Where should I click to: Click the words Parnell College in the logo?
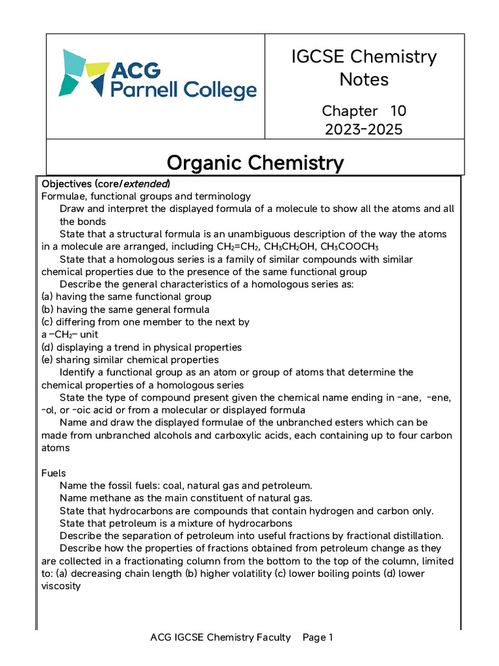pyautogui.click(x=183, y=90)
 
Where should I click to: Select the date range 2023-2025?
pyautogui.click(x=364, y=129)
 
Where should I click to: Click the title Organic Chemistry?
pyautogui.click(x=255, y=162)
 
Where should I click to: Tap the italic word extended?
pyautogui.click(x=147, y=183)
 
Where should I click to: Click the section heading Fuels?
pyautogui.click(x=54, y=473)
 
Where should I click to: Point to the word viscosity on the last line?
pyautogui.click(x=61, y=586)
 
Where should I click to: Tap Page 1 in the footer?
pyautogui.click(x=318, y=637)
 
